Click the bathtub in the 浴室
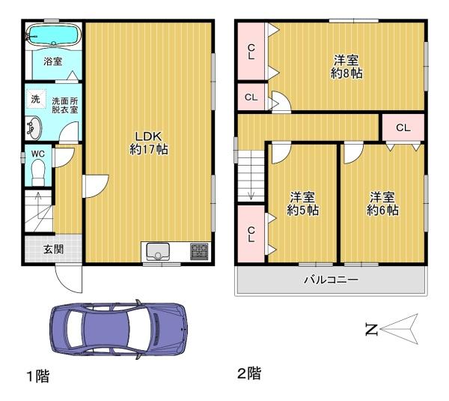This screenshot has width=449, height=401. (x=54, y=34)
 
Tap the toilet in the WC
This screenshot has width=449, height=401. (x=38, y=172)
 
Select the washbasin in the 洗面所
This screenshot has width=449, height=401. (x=34, y=128)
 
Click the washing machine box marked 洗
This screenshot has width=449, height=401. (x=36, y=99)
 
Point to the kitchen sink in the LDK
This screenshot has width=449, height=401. (x=158, y=251)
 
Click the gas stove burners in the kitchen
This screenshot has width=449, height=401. (x=199, y=251)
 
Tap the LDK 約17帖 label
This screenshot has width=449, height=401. (x=149, y=143)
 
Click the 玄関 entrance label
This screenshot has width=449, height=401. (x=53, y=250)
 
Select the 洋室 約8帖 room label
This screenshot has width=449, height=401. (x=346, y=67)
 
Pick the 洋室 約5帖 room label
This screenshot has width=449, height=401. (x=302, y=203)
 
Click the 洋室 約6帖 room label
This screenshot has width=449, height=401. (x=382, y=203)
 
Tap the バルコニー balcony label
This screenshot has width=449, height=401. (x=331, y=280)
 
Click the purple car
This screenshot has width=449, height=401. (x=119, y=330)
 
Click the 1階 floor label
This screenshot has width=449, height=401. (x=38, y=376)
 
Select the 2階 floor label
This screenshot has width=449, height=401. (x=249, y=374)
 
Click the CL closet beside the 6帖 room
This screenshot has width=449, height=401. (x=403, y=127)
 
